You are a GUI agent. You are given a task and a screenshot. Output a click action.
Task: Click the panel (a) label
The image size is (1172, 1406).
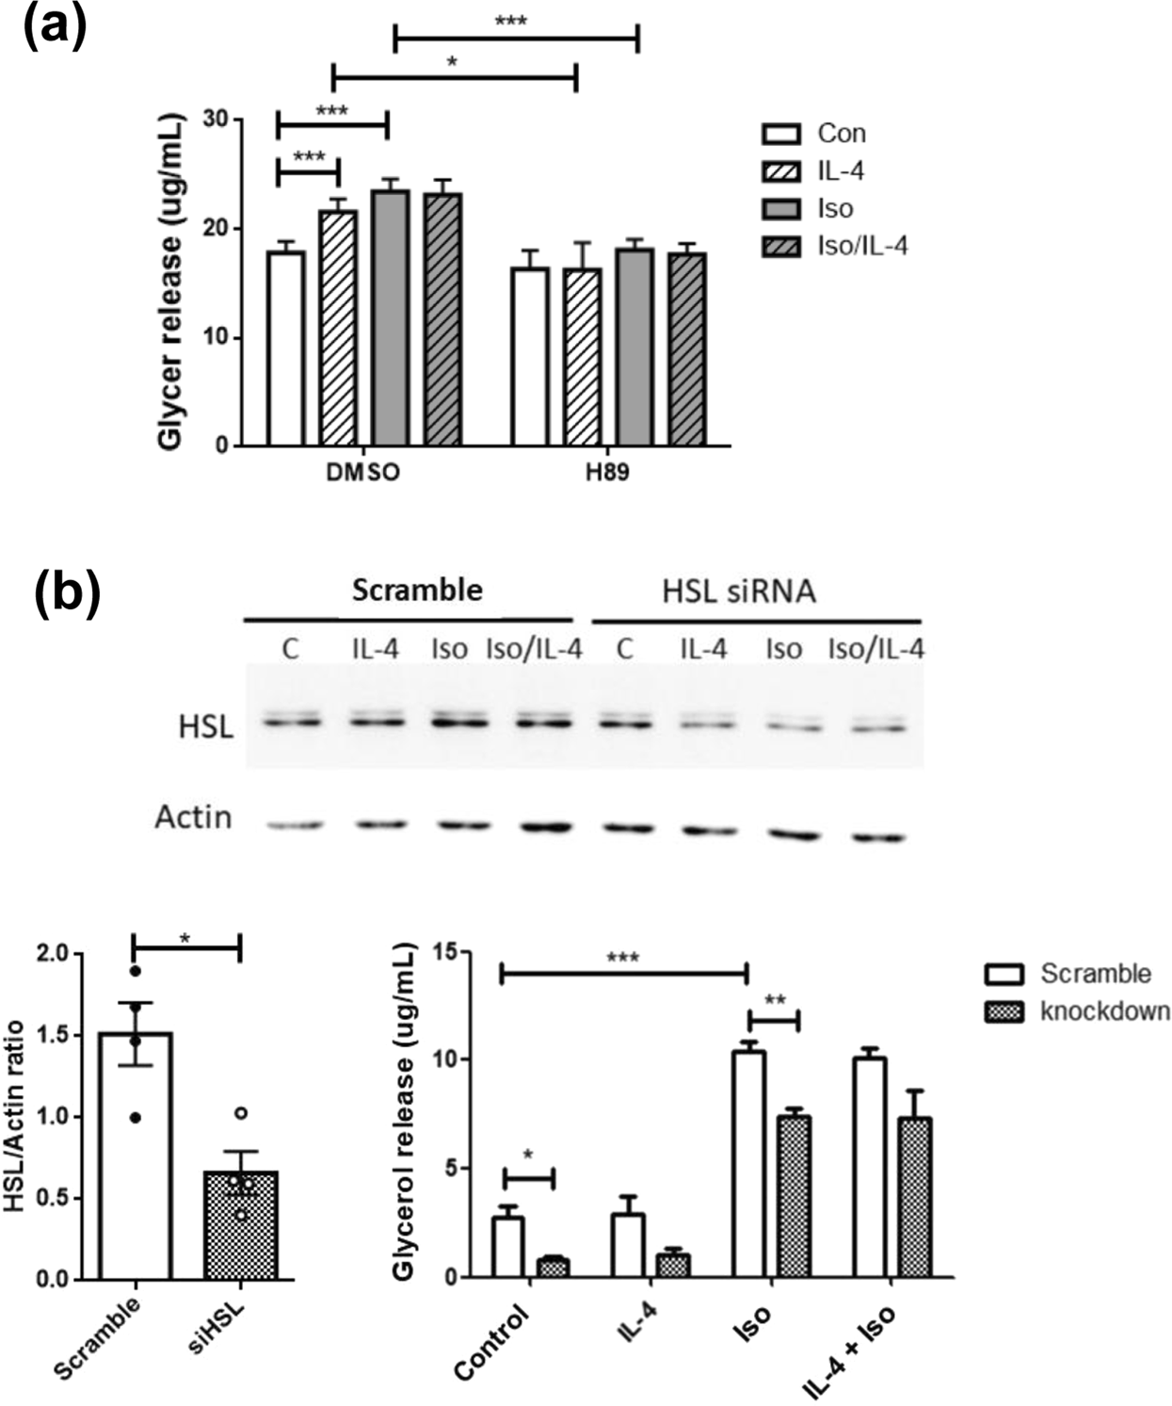tap(55, 26)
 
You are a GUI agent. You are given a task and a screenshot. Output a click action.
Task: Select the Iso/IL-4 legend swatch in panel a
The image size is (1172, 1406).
tap(781, 247)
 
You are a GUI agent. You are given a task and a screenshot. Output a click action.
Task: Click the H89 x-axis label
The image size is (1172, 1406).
tap(607, 472)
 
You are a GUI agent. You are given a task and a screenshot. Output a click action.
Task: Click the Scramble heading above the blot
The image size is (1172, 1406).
tap(417, 590)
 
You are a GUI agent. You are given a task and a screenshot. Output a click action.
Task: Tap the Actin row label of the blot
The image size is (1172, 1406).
tap(193, 817)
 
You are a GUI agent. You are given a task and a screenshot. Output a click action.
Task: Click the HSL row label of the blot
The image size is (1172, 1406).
tap(204, 727)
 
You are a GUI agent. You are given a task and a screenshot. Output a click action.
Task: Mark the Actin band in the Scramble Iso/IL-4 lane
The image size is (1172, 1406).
tap(547, 828)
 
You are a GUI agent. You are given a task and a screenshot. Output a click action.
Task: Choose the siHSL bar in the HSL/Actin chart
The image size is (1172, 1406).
tap(241, 1225)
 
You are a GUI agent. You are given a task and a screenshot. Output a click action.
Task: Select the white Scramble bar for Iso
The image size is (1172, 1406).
tap(749, 1164)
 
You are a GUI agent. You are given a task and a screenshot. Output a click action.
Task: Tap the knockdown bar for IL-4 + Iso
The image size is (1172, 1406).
tap(913, 1198)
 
